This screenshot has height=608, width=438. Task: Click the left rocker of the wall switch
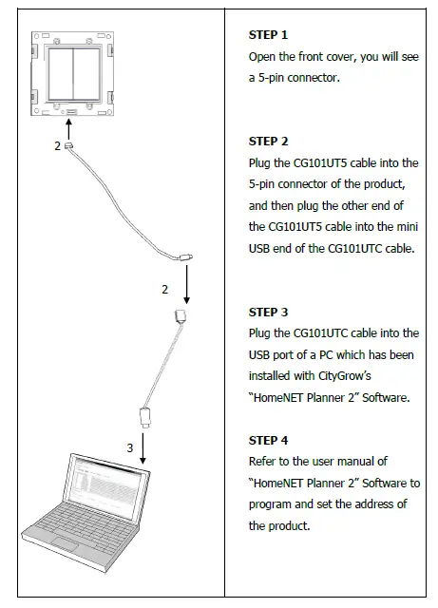(x=59, y=75)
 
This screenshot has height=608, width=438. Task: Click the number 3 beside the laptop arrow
(x=131, y=446)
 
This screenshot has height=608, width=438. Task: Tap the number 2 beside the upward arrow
(x=57, y=146)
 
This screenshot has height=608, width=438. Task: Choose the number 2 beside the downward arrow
(x=164, y=288)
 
